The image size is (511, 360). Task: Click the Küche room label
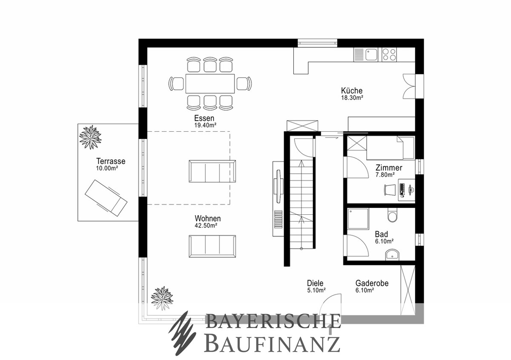tap(352, 91)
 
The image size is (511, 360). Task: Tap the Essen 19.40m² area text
tap(205, 125)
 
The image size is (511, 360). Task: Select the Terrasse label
tap(111, 161)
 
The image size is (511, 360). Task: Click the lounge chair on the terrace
tap(106, 198)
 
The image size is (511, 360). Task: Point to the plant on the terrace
tap(91, 137)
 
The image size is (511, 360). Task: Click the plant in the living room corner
tap(162, 298)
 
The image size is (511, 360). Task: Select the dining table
tap(210, 84)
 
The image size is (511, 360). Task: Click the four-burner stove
tap(389, 55)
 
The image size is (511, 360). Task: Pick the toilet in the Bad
tap(392, 215)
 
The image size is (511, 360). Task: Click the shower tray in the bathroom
tap(358, 219)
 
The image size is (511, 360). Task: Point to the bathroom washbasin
tap(392, 255)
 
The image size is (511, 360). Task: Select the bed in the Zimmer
tap(390, 148)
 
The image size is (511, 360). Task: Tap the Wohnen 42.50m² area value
tap(206, 225)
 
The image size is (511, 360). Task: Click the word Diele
tap(315, 283)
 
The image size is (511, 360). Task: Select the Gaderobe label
tap(372, 283)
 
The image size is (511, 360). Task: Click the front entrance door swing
tap(330, 305)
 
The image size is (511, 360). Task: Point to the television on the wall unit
tap(278, 186)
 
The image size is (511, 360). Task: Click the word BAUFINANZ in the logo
tap(272, 343)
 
